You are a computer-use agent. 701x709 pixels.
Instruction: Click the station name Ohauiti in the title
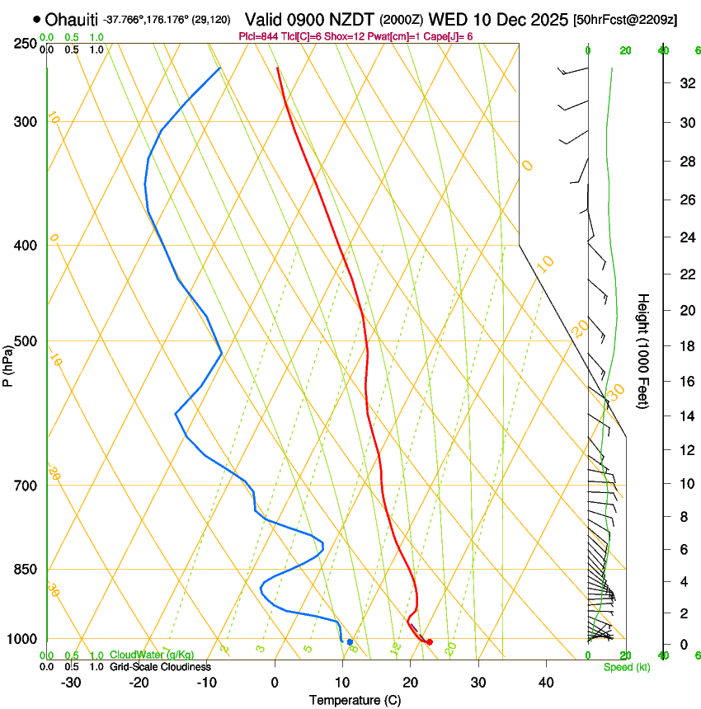(x=72, y=19)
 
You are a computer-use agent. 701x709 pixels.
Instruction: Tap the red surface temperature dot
(x=429, y=641)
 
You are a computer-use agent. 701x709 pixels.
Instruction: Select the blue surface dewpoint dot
(x=350, y=641)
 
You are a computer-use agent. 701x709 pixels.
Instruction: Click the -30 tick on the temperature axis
(x=71, y=683)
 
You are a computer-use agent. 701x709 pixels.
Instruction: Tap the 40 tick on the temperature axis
(x=545, y=683)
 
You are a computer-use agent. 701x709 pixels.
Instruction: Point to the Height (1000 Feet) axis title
(x=643, y=350)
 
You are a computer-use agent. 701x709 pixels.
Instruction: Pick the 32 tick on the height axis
(x=685, y=83)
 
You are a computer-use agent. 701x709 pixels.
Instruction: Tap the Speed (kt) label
(x=626, y=667)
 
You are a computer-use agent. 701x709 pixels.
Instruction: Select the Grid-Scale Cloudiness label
(x=160, y=666)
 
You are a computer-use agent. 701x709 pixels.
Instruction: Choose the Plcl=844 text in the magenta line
(x=258, y=36)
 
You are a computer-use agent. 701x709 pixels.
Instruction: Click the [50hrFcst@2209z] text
(x=624, y=19)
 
